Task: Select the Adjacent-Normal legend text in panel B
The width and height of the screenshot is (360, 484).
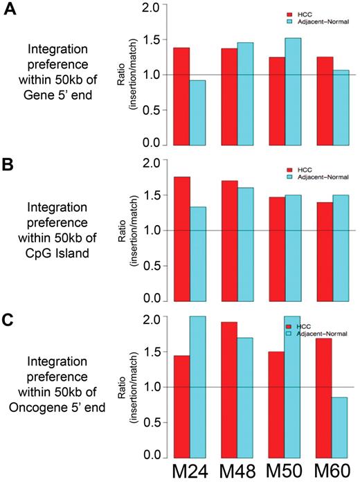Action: pos(322,177)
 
